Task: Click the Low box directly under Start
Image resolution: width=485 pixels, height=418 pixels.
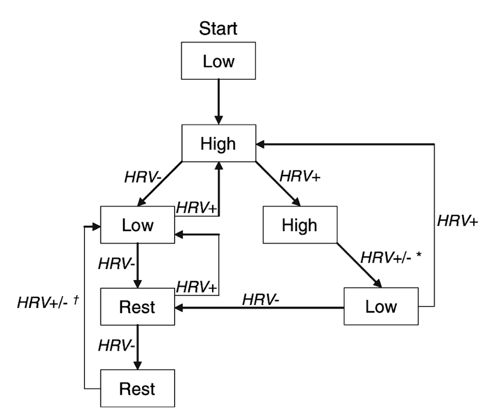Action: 218,61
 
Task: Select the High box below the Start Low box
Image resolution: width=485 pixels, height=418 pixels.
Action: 218,144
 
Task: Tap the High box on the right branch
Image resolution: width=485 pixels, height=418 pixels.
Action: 300,225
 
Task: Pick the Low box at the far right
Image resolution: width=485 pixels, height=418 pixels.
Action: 381,307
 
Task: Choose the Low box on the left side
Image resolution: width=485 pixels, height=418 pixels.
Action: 138,225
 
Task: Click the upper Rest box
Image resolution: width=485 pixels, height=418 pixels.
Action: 138,307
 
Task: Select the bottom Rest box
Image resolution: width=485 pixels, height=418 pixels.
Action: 138,389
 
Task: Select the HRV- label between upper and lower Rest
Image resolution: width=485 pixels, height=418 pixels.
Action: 116,346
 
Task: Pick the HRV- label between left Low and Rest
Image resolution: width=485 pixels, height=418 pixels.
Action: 116,265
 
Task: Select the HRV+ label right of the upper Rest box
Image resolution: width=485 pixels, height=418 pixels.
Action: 196,287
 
